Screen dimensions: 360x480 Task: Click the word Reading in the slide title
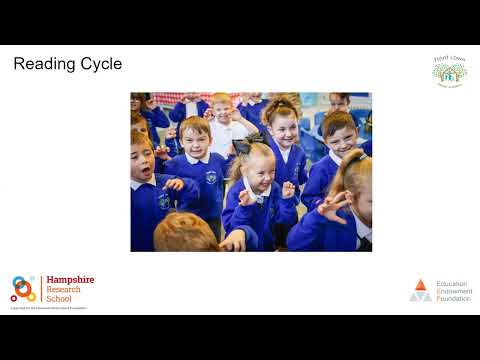click(46, 65)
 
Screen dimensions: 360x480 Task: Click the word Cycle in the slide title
click(102, 65)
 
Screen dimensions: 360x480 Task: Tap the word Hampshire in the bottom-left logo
click(70, 281)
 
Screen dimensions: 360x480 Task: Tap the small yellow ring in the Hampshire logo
click(30, 296)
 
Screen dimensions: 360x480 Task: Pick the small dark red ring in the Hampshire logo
click(14, 297)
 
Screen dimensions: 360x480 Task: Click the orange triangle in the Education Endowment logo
click(421, 284)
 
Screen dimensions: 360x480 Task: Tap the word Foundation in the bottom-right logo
click(453, 298)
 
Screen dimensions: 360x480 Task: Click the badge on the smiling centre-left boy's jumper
click(211, 178)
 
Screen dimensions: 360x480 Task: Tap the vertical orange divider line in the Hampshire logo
click(42, 289)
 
